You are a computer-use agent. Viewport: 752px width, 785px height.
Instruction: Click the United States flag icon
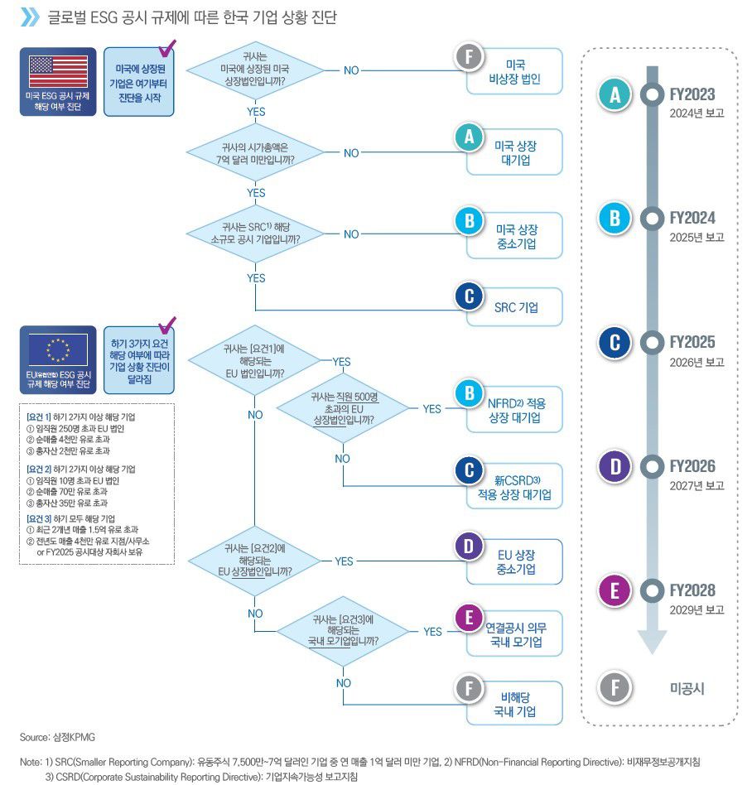click(x=58, y=73)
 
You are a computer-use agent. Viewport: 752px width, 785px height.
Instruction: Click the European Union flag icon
click(x=58, y=350)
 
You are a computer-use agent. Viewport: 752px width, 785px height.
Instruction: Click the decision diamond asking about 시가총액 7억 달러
click(x=255, y=152)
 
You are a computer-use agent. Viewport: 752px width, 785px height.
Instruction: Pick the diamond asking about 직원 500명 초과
click(x=342, y=408)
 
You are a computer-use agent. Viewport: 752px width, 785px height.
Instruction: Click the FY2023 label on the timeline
click(x=692, y=95)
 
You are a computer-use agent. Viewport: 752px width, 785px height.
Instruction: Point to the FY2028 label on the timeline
click(x=692, y=591)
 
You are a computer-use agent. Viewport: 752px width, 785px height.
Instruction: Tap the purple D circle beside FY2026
click(x=615, y=467)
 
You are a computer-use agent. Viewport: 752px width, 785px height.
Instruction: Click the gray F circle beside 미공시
click(x=615, y=688)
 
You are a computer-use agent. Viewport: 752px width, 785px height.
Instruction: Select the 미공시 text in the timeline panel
click(x=687, y=688)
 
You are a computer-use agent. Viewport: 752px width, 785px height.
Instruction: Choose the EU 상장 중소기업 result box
click(x=515, y=561)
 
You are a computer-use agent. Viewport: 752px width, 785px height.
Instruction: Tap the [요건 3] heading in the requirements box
click(x=41, y=518)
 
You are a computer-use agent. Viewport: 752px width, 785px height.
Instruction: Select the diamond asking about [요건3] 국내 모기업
click(x=343, y=631)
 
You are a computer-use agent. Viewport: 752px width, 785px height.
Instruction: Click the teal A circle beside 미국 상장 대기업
click(x=469, y=138)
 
